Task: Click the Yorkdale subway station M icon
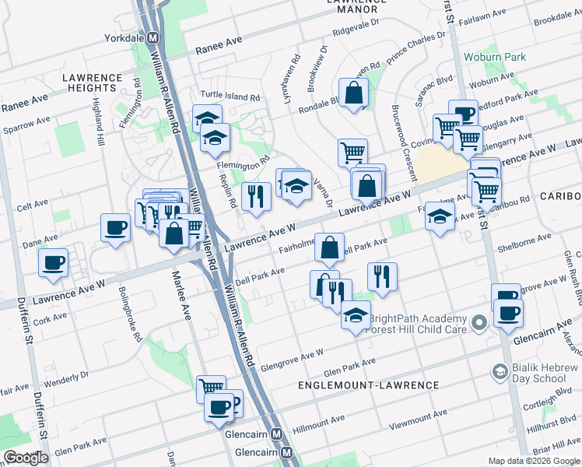pos(154,37)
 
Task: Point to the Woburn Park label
pos(494,57)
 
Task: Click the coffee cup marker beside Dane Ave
pos(116,228)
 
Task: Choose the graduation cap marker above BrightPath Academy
pos(356,316)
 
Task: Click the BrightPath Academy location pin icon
pos(480,321)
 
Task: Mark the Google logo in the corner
pos(26,458)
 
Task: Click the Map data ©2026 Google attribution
pos(533,461)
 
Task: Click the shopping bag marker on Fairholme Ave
pos(329,247)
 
